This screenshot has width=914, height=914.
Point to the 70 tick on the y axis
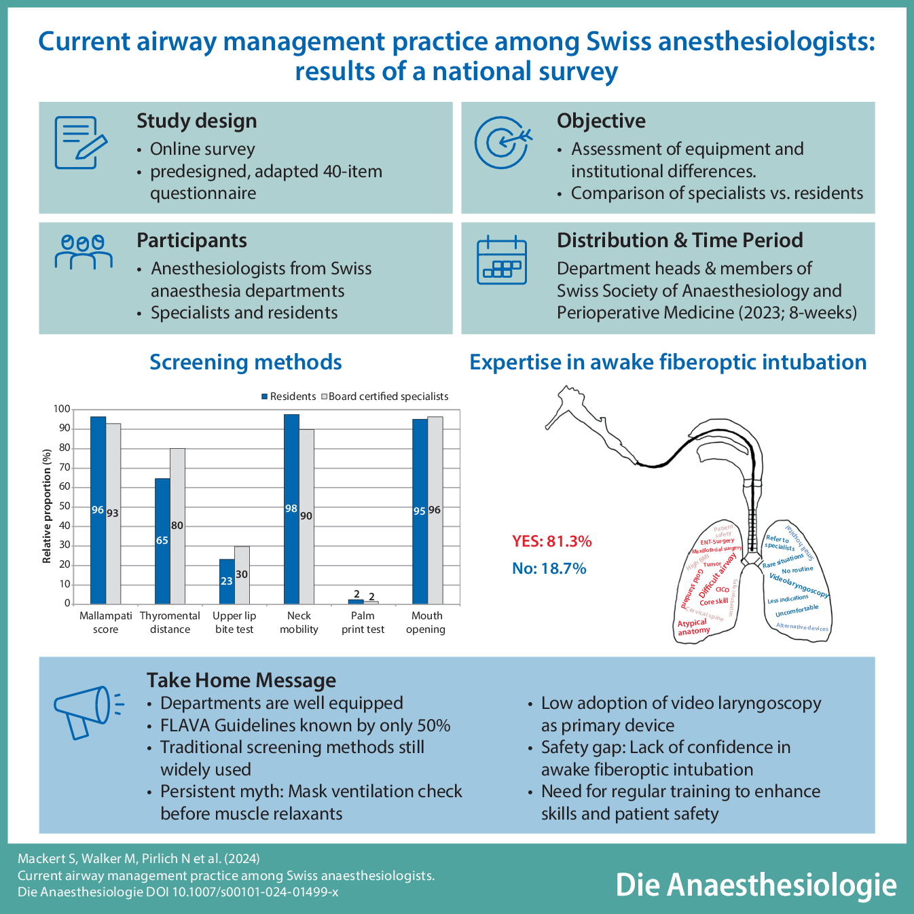64,467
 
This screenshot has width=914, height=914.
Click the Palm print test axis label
363,623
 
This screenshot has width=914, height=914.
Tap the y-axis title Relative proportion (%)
47,506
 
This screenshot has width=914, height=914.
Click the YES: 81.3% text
551,541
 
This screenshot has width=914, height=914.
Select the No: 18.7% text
549,568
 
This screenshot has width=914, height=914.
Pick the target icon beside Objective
502,142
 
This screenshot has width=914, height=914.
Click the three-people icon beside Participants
83,252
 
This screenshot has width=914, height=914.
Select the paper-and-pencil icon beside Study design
80,142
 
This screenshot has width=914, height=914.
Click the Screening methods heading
245,362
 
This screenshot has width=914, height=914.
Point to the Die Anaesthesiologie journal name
756,885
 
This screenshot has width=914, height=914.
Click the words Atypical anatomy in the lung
693,627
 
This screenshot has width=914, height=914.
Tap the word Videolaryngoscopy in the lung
799,585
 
